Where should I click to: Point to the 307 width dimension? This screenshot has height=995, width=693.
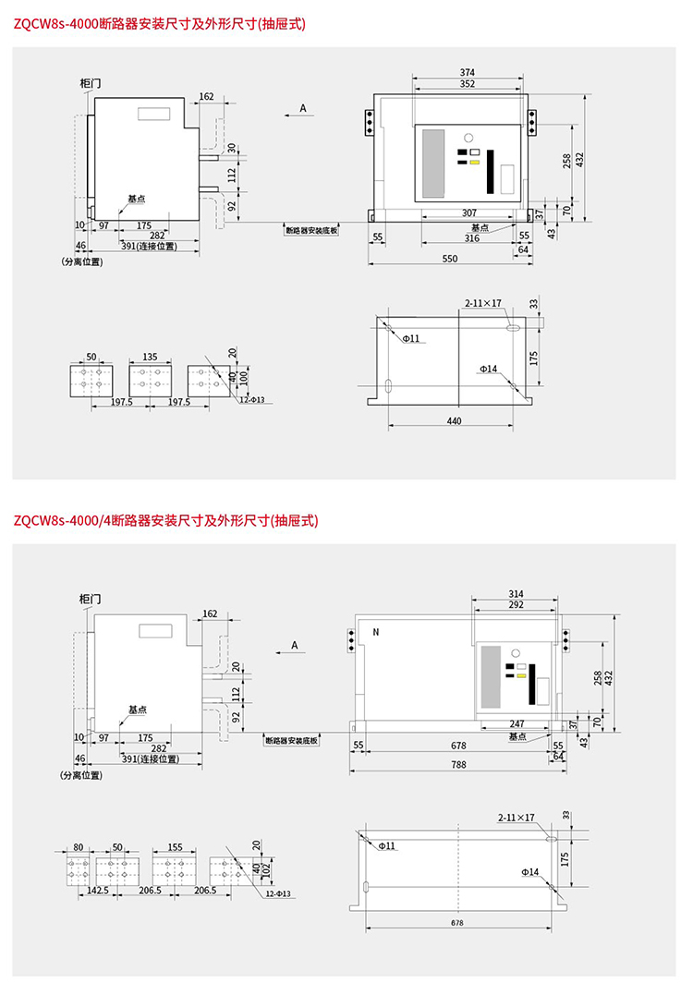[x=469, y=212]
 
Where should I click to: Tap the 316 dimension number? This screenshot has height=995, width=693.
[x=471, y=238]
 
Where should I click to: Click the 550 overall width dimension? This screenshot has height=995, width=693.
[x=450, y=260]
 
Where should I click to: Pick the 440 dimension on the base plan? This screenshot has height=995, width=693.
[x=454, y=421]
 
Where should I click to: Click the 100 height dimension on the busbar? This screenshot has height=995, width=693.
[x=244, y=379]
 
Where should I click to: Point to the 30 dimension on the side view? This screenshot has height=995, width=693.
[x=232, y=148]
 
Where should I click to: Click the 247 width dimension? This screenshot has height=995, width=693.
[x=517, y=724]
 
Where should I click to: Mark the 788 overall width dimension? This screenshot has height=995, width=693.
[x=458, y=764]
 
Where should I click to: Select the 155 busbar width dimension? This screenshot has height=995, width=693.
[x=175, y=846]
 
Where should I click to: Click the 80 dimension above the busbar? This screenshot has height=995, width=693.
[x=78, y=846]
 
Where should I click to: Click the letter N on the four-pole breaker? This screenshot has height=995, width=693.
[x=376, y=633]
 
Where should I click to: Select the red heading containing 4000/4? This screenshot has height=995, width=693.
[x=165, y=521]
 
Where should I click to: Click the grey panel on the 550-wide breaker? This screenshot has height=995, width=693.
[x=433, y=162]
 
